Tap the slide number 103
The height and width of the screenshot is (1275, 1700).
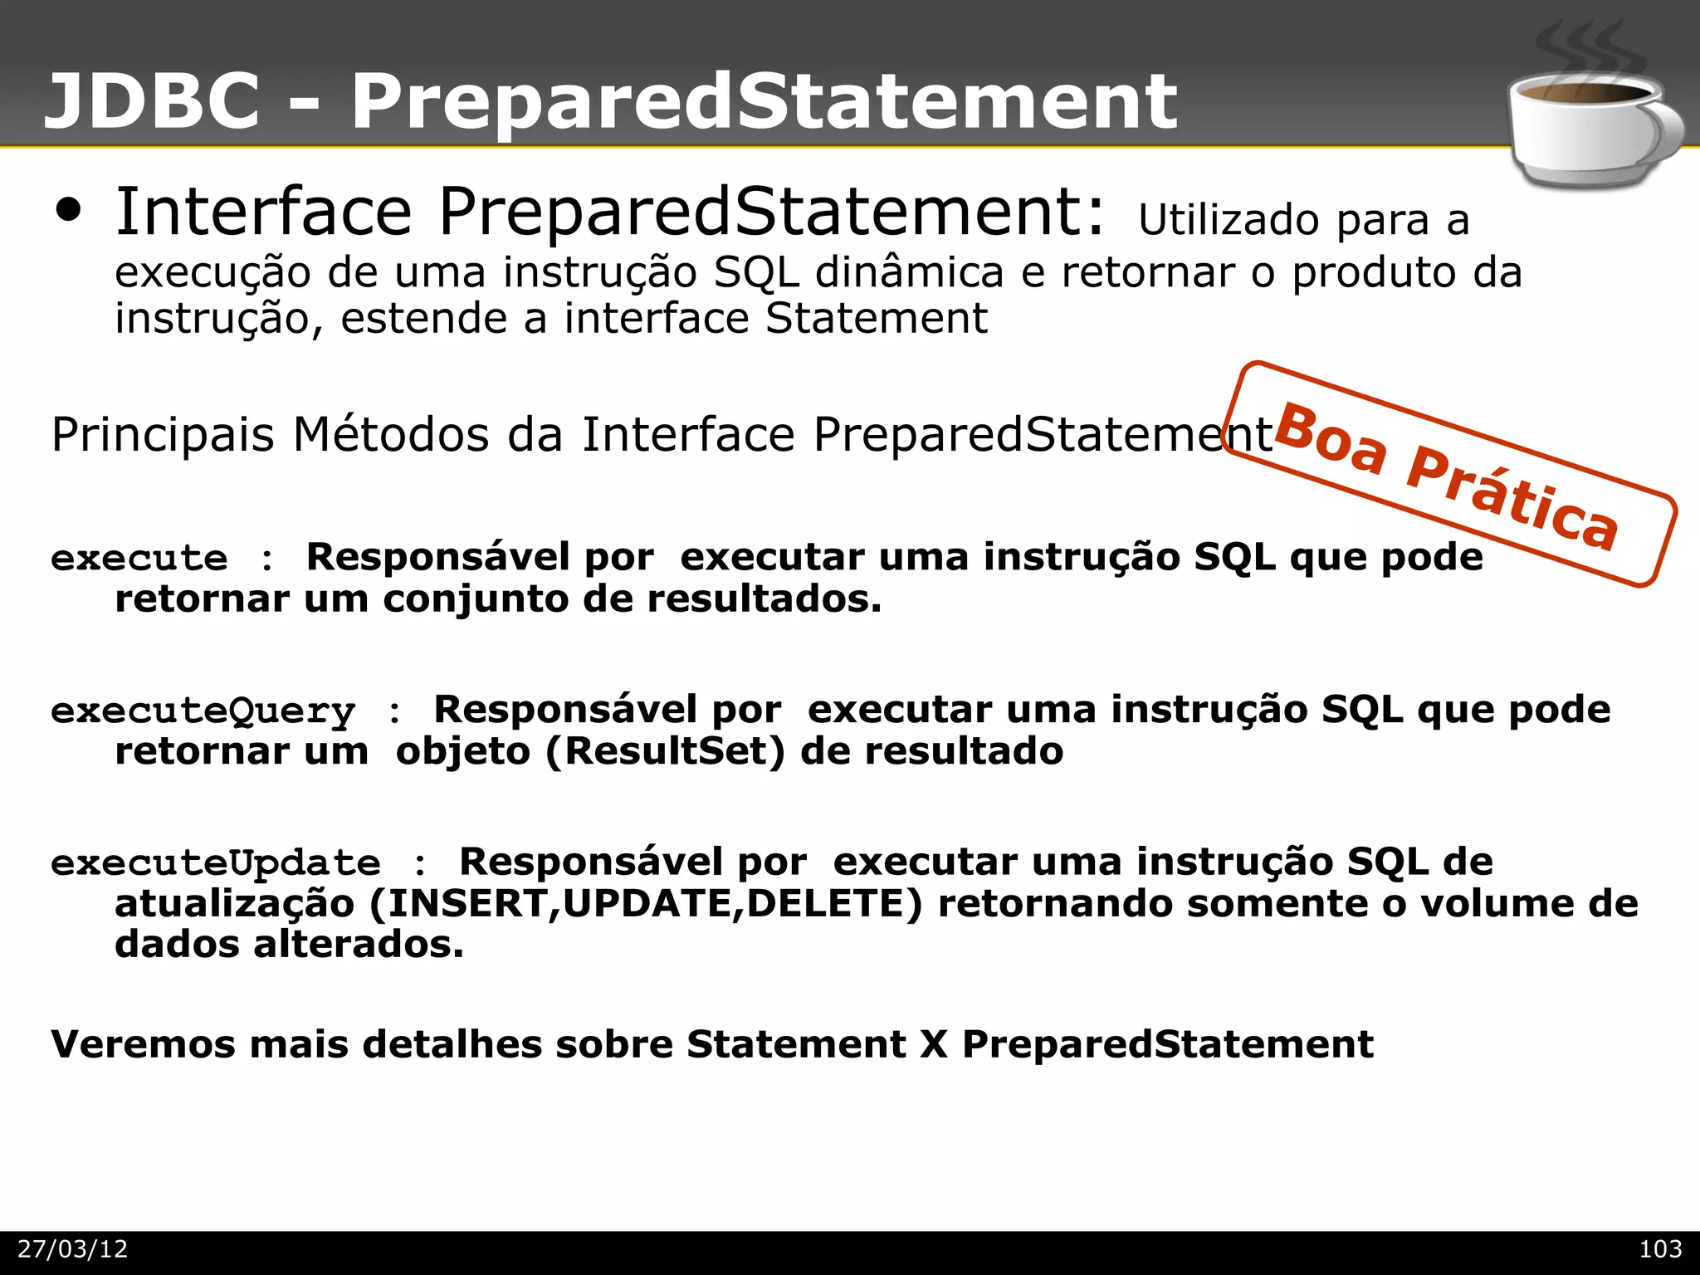tap(1660, 1249)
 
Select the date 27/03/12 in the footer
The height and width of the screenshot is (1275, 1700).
tap(73, 1249)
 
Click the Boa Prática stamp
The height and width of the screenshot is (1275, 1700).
tap(1448, 476)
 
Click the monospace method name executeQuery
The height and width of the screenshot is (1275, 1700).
tap(203, 711)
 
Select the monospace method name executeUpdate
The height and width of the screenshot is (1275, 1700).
tap(216, 863)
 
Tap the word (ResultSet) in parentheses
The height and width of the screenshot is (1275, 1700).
tap(665, 751)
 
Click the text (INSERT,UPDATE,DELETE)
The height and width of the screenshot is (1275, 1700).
tap(645, 904)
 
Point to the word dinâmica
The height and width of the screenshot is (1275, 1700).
tap(909, 272)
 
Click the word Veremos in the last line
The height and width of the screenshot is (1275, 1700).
tap(143, 1044)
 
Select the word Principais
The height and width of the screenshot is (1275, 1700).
tap(163, 434)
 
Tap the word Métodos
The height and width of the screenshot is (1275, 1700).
tap(391, 434)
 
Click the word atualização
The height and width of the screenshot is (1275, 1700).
tap(235, 904)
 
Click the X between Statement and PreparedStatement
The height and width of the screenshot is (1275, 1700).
tap(934, 1044)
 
